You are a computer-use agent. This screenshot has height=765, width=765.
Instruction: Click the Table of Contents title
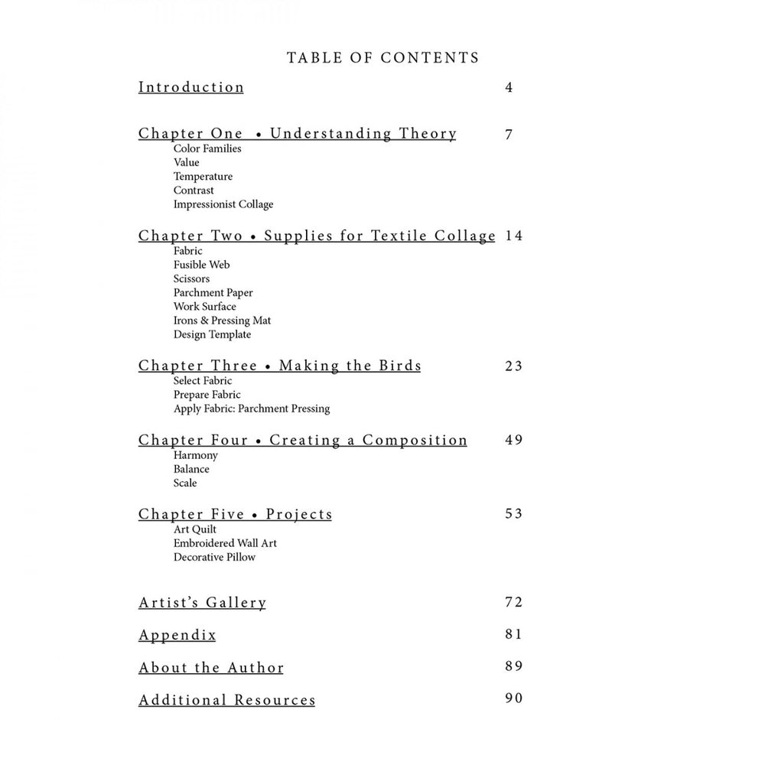[382, 58]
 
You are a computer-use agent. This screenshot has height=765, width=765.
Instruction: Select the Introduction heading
[191, 87]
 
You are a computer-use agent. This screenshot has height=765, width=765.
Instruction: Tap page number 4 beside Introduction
[509, 87]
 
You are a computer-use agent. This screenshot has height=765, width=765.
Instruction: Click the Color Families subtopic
[207, 148]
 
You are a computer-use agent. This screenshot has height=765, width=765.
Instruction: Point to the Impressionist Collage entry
[223, 204]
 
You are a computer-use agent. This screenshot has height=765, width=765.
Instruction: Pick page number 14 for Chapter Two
[514, 236]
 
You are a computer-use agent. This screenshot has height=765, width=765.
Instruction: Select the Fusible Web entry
[202, 265]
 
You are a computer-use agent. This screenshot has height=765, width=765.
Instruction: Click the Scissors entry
[191, 278]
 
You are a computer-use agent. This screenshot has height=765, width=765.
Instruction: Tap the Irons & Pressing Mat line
[223, 321]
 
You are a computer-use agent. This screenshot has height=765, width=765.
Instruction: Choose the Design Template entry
[212, 334]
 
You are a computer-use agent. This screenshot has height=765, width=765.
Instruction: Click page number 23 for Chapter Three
[514, 366]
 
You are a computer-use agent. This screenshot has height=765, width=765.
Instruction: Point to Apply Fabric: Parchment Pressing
[252, 409]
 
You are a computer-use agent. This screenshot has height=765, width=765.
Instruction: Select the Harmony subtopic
[196, 455]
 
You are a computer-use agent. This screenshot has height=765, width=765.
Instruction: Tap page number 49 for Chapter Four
[514, 440]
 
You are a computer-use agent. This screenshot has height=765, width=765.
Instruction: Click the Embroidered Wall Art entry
[225, 543]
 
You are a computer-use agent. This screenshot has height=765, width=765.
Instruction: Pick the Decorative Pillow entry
[215, 557]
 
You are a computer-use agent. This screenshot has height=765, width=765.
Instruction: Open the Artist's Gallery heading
[203, 603]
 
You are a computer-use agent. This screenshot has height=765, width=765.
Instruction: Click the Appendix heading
[177, 635]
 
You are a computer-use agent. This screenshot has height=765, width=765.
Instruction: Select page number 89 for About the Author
[514, 666]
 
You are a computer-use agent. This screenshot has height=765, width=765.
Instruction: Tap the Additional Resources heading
[227, 700]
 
